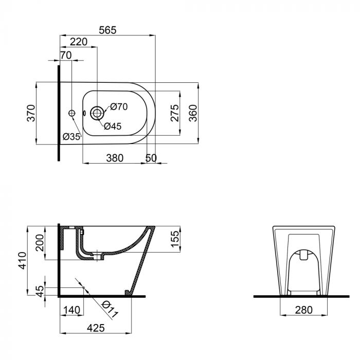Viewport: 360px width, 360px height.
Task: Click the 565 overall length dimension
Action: click(108, 30)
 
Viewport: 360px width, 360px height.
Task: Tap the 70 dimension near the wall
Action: click(65, 55)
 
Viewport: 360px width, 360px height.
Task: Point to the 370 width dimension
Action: click(30, 113)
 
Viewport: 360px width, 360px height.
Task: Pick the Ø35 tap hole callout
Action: click(71, 136)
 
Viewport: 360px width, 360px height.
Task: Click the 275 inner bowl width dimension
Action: click(174, 113)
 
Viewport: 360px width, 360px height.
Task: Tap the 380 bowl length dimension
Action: click(114, 158)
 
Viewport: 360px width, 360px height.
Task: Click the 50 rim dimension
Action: click(151, 158)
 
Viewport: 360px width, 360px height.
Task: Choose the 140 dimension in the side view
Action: click(71, 310)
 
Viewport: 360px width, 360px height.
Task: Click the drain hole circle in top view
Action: click(96, 113)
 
